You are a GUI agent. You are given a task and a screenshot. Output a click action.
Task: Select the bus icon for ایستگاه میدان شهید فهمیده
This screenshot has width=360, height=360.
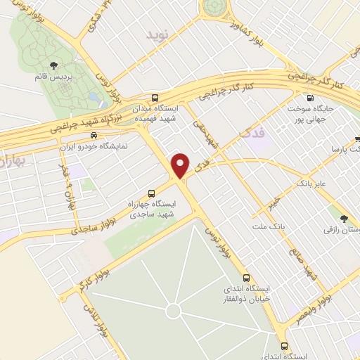pyautogui.click(x=155, y=98)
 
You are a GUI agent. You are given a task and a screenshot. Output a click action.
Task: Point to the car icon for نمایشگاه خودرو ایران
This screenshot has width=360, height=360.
pyautogui.click(x=94, y=136)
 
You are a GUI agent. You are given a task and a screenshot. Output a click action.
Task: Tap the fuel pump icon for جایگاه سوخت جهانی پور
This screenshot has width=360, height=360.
pyautogui.click(x=309, y=98)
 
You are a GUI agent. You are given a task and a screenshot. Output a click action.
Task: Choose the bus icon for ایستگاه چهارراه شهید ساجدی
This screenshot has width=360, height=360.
pyautogui.click(x=152, y=193)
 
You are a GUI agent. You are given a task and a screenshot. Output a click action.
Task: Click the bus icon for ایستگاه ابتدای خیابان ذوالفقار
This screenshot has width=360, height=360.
pyautogui.click(x=246, y=277)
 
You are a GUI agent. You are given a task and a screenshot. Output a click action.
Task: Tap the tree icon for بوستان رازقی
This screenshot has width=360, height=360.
pyautogui.click(x=344, y=220)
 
